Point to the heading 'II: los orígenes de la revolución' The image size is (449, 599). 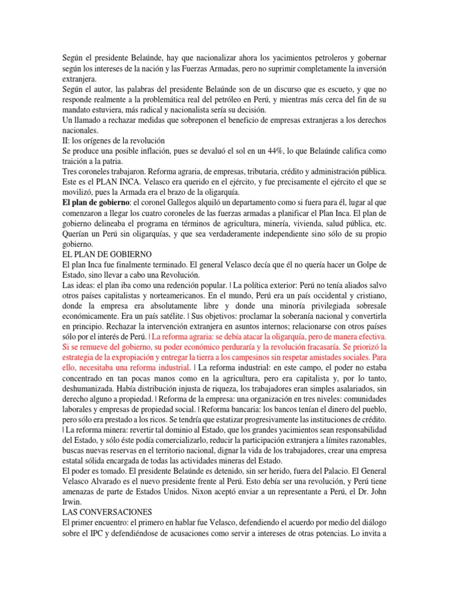pos(114,140)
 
